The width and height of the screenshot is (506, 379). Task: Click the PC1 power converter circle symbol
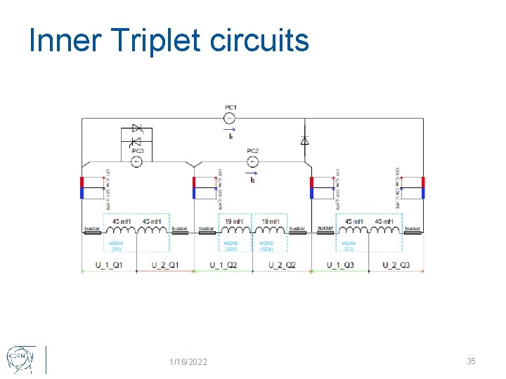[x=231, y=119]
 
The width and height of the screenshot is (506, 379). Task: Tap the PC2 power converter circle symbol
[x=253, y=161]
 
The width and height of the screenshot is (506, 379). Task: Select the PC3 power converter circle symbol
[x=138, y=161]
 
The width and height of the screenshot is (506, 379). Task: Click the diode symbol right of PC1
[x=304, y=140]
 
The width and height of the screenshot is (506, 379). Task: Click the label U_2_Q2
[x=282, y=265]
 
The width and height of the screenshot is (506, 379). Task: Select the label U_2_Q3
[x=396, y=265]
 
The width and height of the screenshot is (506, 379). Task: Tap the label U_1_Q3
[x=341, y=265]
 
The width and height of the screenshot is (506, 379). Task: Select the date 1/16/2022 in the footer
[x=188, y=361]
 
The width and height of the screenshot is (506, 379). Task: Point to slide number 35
[x=471, y=361]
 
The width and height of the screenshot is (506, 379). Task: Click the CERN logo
[x=19, y=358]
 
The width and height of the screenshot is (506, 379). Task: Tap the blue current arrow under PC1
[x=231, y=130]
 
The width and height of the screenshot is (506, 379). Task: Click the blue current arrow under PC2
[x=253, y=173]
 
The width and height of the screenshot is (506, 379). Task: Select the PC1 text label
[x=231, y=107]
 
